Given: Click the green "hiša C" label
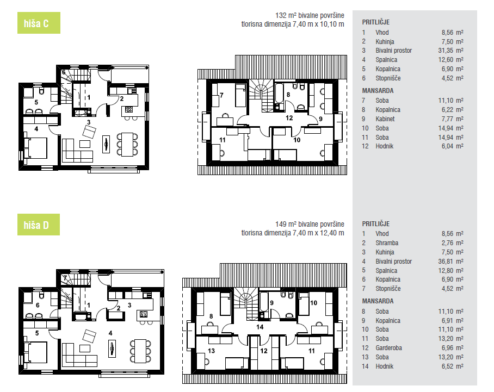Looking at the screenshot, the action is coord(39,23).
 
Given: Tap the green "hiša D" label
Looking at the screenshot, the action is coord(39,225).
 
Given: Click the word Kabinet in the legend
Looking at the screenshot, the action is coord(385,119).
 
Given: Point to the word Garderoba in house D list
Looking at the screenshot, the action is coord(388,348).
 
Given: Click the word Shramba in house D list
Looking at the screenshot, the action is coord(387,243).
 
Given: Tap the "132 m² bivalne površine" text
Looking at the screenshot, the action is coord(310,15).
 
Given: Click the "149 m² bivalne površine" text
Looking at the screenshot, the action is coord(310,224).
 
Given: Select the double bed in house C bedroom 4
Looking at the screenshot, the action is coord(35,148).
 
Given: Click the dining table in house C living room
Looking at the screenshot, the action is coord(127,145).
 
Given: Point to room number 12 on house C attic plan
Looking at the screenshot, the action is coord(289,118).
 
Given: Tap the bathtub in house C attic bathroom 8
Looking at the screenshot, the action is coord(279,93).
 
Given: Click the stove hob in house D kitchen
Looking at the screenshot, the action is coord(143,314).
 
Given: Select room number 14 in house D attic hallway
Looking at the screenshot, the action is coord(260,327).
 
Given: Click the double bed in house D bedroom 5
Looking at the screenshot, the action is coord(35,352).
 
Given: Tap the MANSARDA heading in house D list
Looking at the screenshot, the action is coord(378,301).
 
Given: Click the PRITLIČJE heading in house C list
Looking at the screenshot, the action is coord(376,22).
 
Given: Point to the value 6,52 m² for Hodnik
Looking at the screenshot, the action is coord(453,366).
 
